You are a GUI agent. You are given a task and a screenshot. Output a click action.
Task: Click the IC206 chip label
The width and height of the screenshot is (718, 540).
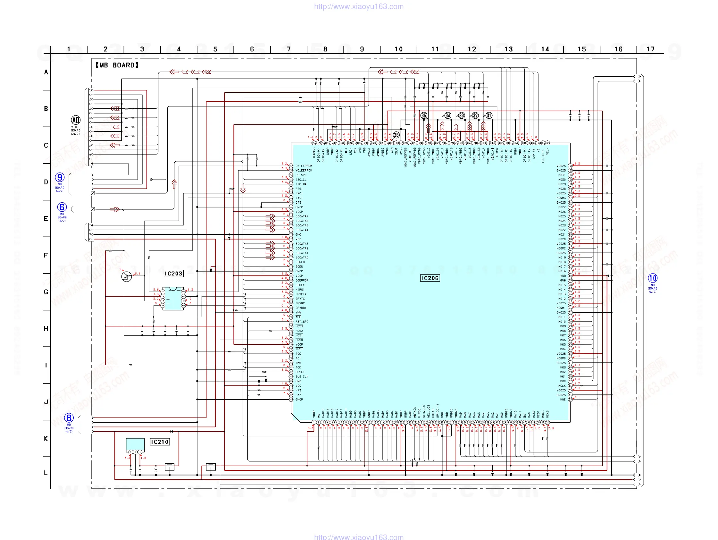coord(430,278)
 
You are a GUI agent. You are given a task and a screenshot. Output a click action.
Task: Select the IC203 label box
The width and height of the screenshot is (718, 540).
coord(173,274)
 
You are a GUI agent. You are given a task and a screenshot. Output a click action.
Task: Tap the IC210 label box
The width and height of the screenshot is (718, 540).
coord(159,442)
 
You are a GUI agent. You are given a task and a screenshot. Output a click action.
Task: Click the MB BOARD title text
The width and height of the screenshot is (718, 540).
coord(117,65)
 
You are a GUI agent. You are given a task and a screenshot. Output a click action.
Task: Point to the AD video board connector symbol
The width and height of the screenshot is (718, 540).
coord(76,120)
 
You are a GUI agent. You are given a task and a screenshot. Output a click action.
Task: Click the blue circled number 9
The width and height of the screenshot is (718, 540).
coord(60,177)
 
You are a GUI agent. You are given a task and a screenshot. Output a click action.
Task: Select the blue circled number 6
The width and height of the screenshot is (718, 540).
coord(62,207)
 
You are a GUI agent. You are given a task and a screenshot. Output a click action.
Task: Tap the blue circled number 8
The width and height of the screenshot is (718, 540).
coord(69,418)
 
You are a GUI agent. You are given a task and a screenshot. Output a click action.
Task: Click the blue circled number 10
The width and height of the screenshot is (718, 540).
coord(652,278)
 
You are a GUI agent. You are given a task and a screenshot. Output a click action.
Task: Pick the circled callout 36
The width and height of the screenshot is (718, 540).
coord(396,135)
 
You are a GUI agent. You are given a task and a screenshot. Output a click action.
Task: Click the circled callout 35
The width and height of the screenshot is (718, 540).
coord(424,115)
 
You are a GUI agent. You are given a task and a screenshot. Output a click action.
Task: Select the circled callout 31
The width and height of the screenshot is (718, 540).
coord(489,115)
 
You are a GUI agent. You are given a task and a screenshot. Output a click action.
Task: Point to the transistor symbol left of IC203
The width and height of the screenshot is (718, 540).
coord(127,277)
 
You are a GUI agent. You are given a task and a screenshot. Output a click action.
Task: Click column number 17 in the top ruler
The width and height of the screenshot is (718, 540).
coord(650,49)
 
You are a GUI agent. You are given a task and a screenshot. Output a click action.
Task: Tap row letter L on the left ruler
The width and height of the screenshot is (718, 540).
coord(46,473)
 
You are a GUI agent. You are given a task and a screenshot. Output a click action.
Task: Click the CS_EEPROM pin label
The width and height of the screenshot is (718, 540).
coord(304,166)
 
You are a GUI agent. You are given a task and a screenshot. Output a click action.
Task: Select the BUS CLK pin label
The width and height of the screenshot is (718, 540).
coord(302,377)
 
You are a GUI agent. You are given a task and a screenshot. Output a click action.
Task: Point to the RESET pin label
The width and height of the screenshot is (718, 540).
coord(300,372)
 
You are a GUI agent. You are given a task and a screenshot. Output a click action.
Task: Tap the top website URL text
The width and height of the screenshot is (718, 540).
coord(359,6)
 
